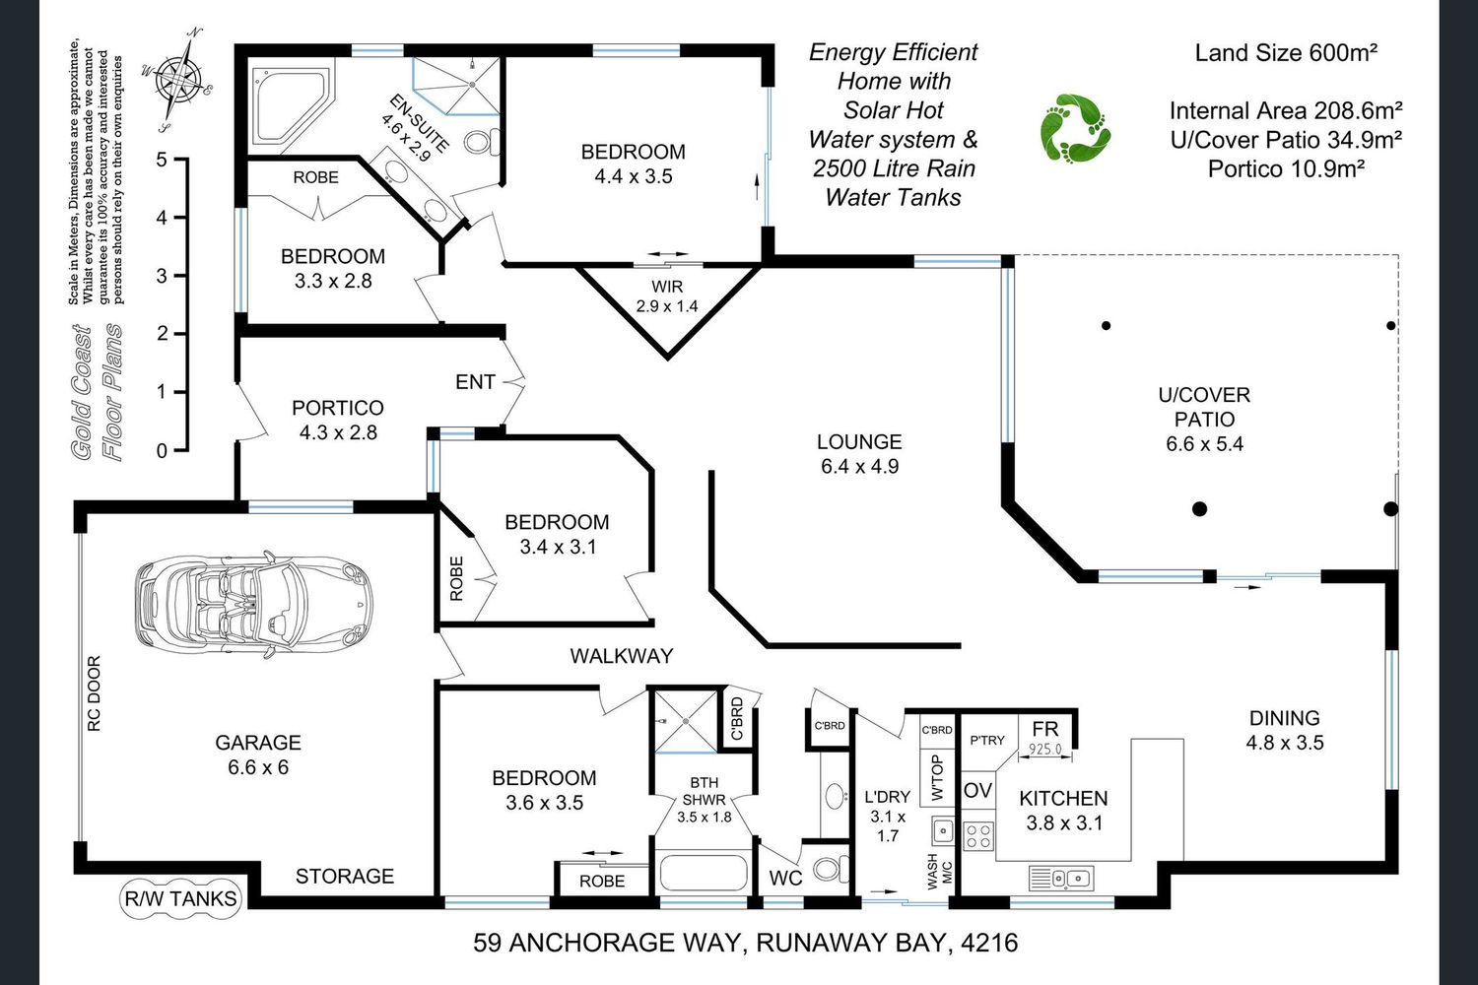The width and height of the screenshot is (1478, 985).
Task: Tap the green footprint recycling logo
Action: click(x=1075, y=128)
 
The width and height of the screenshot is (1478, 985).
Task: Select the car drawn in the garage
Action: click(x=253, y=604)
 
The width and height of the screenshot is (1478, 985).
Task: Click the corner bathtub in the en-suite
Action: click(x=291, y=105)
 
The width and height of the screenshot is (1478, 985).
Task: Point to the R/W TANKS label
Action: click(x=180, y=898)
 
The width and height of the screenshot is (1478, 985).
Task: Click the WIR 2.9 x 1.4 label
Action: click(x=667, y=296)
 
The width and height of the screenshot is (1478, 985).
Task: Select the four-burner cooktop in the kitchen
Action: click(x=977, y=836)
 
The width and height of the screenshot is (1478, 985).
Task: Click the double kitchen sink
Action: click(x=1061, y=878)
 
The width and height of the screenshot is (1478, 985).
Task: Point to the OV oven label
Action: click(x=977, y=790)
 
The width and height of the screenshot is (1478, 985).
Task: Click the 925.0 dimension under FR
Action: click(x=1045, y=749)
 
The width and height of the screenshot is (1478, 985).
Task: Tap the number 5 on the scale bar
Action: click(x=162, y=159)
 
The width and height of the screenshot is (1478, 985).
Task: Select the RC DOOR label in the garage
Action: click(x=95, y=693)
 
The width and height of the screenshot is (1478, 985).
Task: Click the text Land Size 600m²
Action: click(x=1286, y=53)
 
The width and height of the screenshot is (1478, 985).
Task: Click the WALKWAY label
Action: click(x=622, y=656)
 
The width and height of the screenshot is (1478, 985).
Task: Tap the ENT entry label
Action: click(x=475, y=382)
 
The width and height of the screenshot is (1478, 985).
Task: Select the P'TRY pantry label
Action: click(x=987, y=741)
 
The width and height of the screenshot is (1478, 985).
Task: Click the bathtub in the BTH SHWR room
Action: click(x=705, y=873)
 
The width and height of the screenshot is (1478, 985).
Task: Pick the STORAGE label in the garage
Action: click(x=345, y=876)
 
